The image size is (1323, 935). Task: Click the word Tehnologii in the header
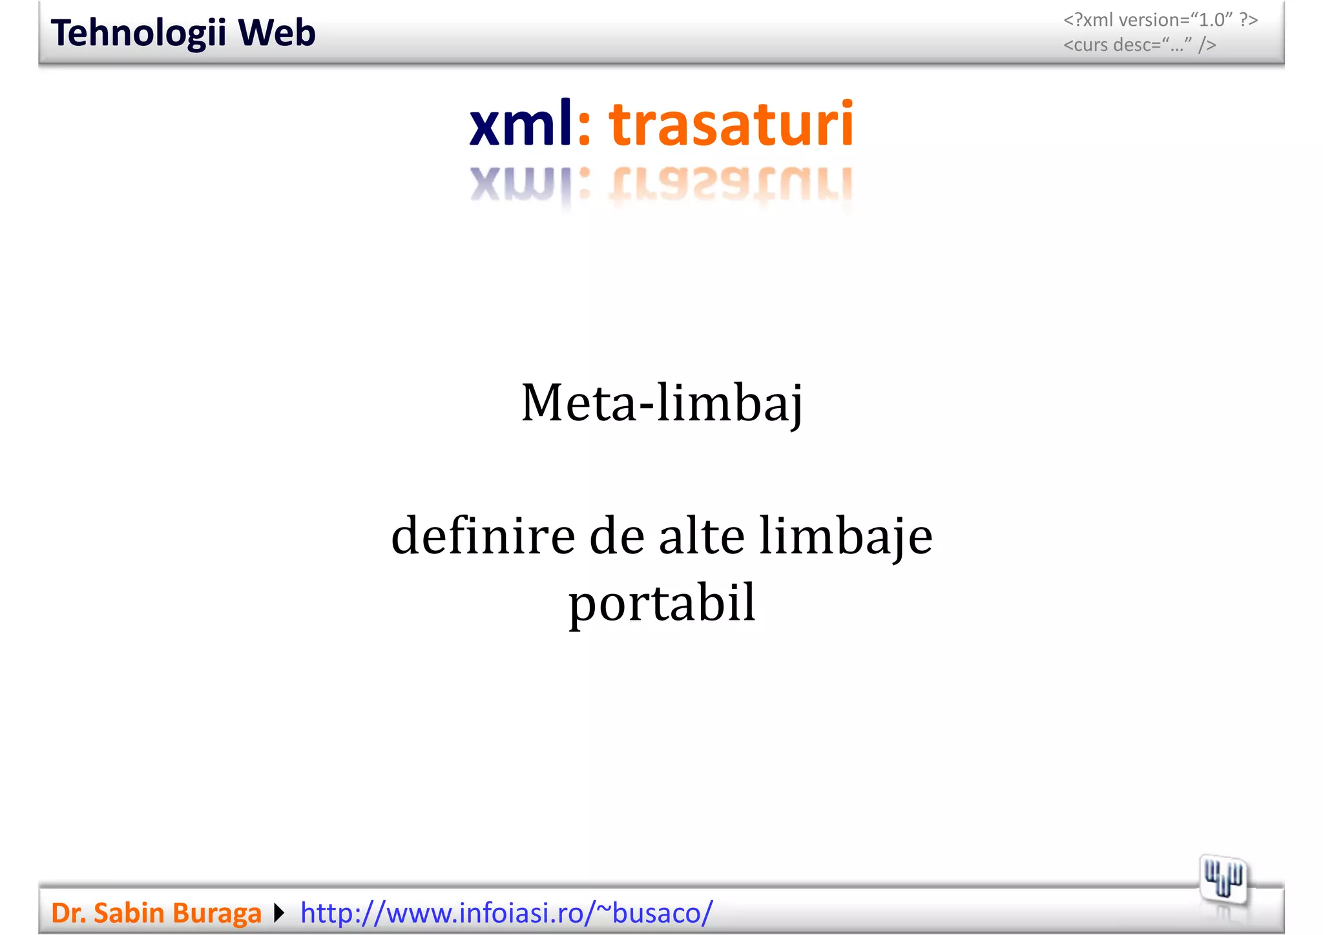138,33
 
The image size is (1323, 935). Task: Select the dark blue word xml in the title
521,123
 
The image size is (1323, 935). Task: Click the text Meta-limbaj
661,403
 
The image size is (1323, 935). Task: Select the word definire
483,536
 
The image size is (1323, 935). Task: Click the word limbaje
846,536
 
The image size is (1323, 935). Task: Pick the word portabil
661,603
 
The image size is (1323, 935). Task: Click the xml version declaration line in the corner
1160,20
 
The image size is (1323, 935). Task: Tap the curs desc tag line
1140,45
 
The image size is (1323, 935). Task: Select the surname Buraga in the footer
216,913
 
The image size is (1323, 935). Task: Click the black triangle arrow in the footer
279,913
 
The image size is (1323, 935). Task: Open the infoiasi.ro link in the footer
506,913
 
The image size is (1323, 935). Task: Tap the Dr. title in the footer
68,913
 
